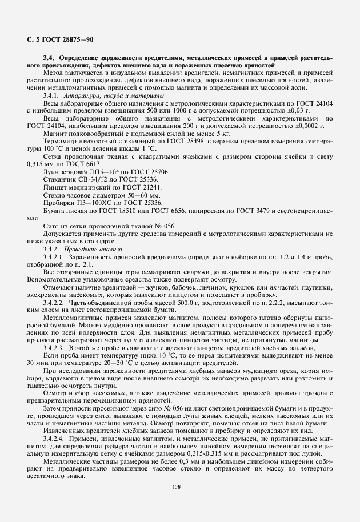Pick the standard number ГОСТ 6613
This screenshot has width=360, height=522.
[90, 164]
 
